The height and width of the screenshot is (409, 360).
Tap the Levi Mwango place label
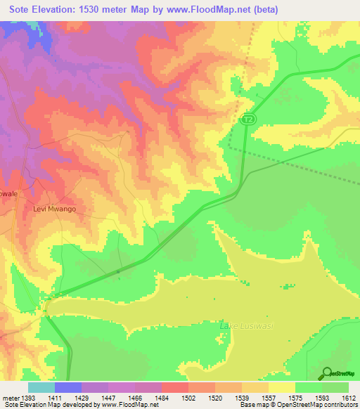pos(54,209)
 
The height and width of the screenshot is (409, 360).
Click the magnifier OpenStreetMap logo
pos(326,373)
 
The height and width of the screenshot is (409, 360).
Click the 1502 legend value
pos(188,398)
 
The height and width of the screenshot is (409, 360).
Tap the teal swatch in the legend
pos(41,387)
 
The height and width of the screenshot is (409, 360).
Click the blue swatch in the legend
pos(68,387)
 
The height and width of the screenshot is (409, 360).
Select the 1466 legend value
pos(135,398)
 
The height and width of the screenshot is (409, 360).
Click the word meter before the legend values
pos(10,398)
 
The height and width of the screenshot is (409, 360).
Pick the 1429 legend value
pos(82,398)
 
